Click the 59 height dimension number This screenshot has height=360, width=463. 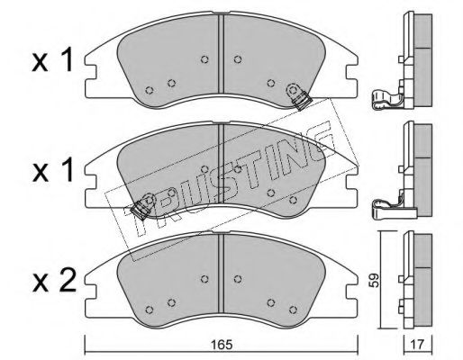coord(374,281)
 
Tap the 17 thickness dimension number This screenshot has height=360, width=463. coord(418,345)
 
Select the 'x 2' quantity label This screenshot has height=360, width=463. coord(54,283)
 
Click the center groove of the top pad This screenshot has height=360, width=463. coord(222,54)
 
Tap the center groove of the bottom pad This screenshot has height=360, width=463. coord(222,274)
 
